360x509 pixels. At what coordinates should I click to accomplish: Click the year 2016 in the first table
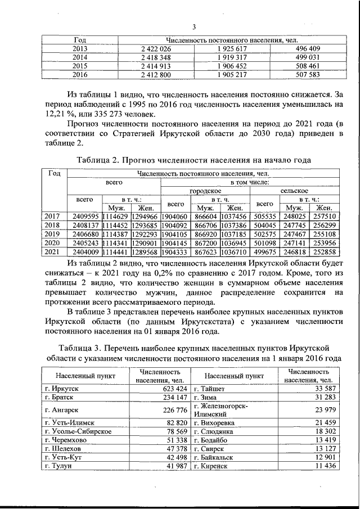pyautogui.click(x=80, y=74)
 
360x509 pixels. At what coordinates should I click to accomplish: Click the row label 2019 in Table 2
pyautogui.click(x=52, y=233)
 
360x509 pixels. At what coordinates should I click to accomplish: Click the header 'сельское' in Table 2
pyautogui.click(x=295, y=191)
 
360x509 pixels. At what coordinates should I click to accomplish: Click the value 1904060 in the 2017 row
pyautogui.click(x=177, y=216)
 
